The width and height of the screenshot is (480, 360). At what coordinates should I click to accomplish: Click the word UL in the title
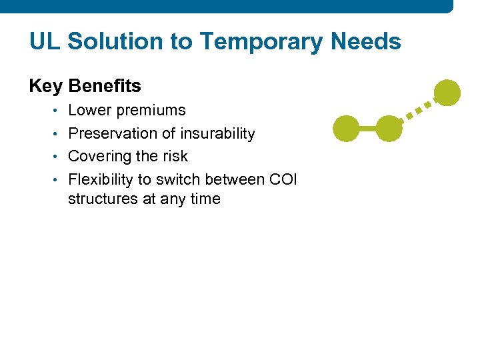click(45, 42)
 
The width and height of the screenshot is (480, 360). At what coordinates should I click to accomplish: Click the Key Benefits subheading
click(85, 86)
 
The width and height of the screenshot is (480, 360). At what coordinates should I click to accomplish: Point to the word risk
click(175, 156)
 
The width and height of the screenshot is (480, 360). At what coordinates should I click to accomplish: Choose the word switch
click(178, 179)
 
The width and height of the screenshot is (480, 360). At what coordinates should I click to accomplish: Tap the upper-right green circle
click(447, 93)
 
